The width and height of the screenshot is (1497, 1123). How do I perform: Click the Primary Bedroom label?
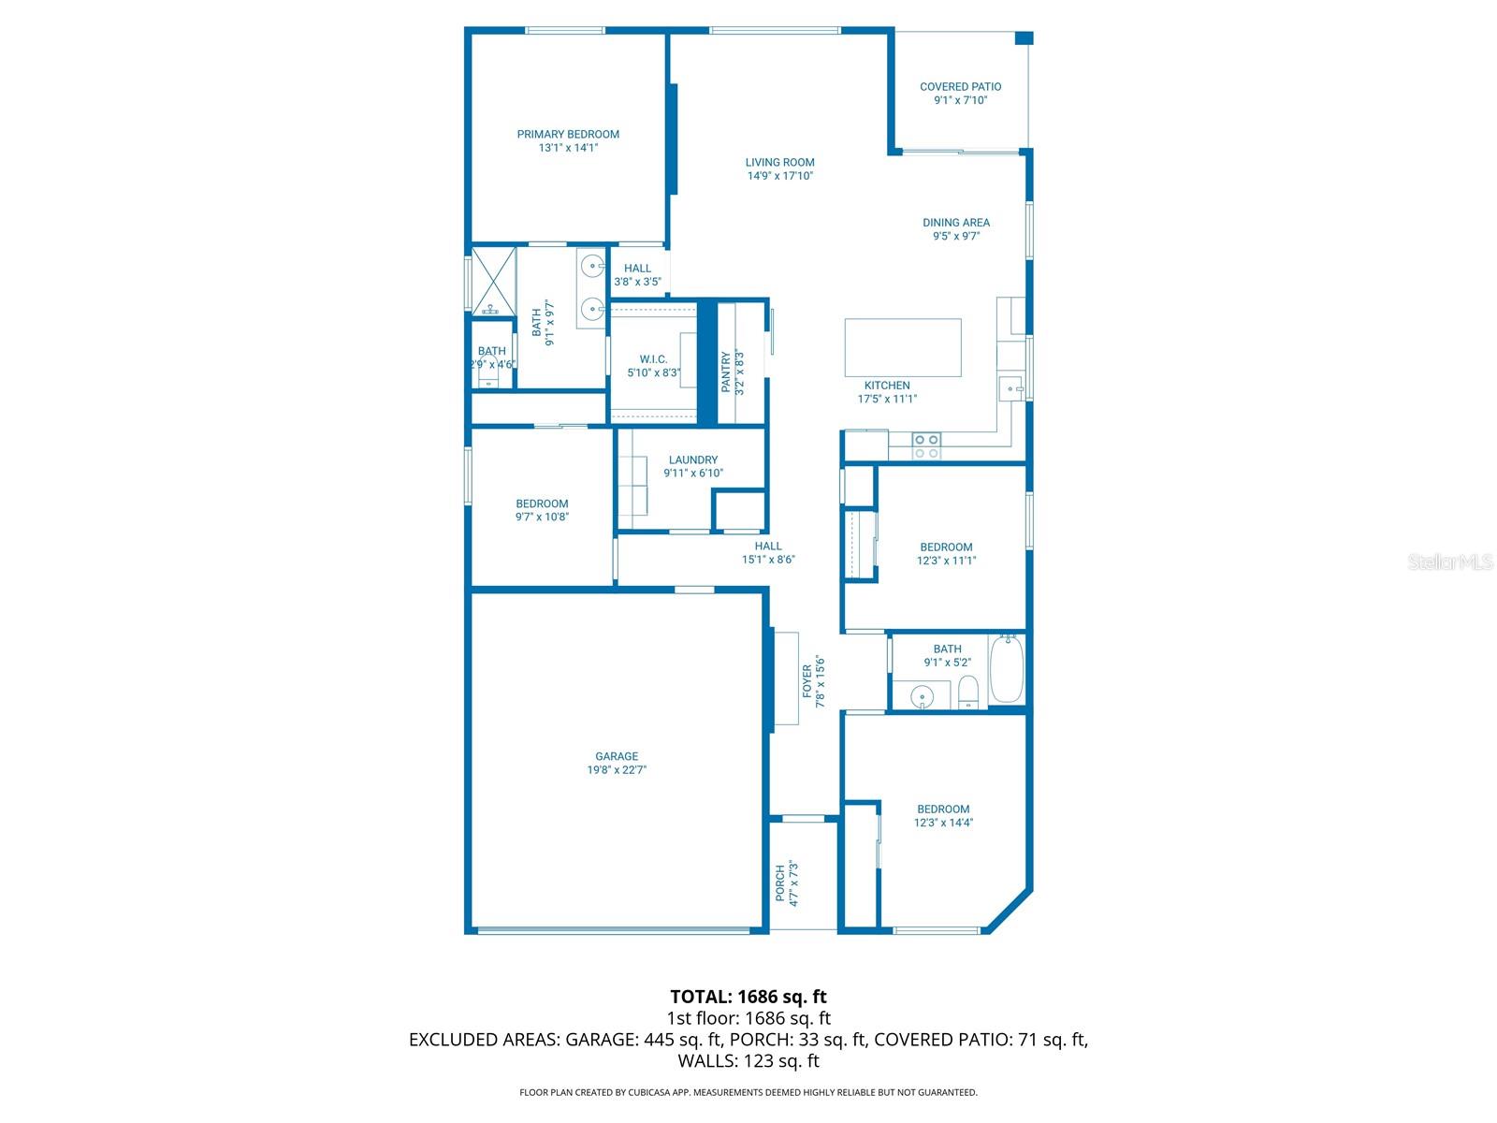568,134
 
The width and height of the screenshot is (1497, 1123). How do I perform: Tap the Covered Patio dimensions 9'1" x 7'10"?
960,100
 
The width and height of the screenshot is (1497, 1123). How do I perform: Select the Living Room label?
779,162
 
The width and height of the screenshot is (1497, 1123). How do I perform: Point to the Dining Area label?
955,223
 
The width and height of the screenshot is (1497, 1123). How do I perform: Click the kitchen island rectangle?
903,347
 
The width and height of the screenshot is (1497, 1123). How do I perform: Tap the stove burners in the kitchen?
926,446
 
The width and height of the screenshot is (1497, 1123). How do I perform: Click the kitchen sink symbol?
1010,387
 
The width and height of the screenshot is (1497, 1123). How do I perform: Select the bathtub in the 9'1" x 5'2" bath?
1007,669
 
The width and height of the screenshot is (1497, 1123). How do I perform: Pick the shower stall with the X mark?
492,281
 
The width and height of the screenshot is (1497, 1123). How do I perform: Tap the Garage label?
617,756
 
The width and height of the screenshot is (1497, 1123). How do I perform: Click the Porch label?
780,882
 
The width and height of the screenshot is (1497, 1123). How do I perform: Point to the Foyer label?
807,681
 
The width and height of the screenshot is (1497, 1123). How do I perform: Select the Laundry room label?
693,459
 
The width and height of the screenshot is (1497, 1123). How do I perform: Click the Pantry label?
726,372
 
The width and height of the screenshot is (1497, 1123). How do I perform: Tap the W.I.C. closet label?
653,359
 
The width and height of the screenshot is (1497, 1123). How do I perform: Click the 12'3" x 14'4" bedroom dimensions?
943,823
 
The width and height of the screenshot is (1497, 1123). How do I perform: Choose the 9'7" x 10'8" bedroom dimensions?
542,517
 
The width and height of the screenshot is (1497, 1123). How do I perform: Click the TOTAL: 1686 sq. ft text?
748,997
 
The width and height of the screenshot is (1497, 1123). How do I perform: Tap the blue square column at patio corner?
1024,38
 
